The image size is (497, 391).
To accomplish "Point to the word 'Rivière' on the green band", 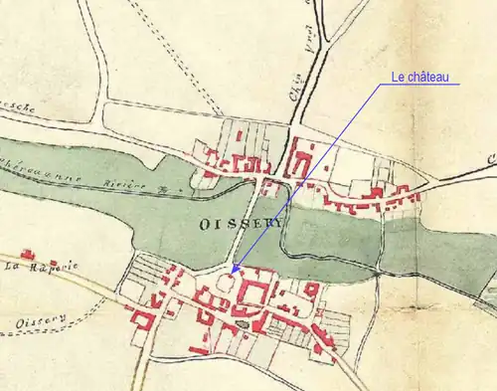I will click(x=124, y=185).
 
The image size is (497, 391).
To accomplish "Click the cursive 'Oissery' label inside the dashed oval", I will click(x=40, y=320).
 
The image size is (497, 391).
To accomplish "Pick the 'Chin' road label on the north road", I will click(x=295, y=99).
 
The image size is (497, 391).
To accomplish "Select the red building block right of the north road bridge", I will click(x=299, y=161).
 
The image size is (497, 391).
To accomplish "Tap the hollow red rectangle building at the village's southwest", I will click(x=141, y=319).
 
